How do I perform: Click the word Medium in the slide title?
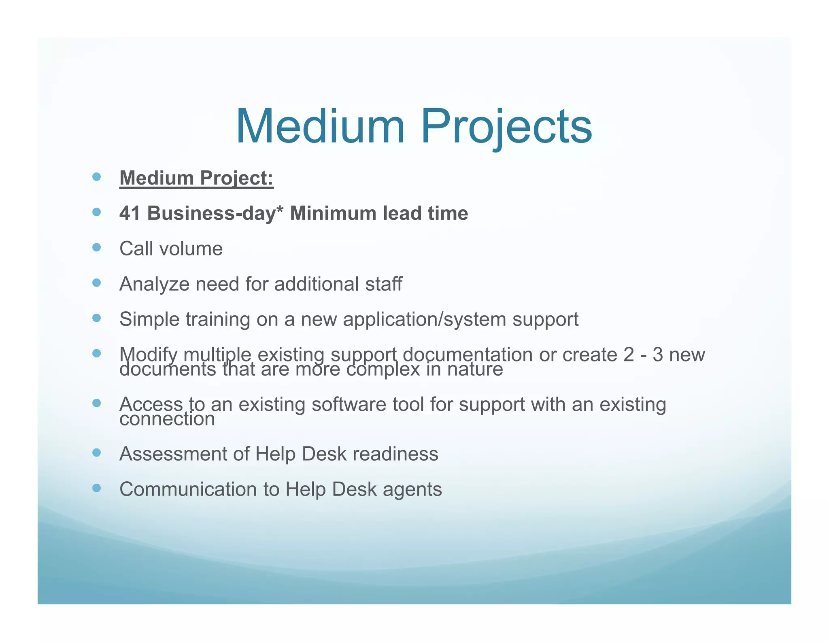pos(320,126)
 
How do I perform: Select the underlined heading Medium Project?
pos(196,178)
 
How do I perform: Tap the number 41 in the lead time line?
pos(130,213)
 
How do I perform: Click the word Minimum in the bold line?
pos(333,213)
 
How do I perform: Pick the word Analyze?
pos(154,284)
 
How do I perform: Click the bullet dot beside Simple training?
pos(96,318)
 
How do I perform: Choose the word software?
pos(349,404)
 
